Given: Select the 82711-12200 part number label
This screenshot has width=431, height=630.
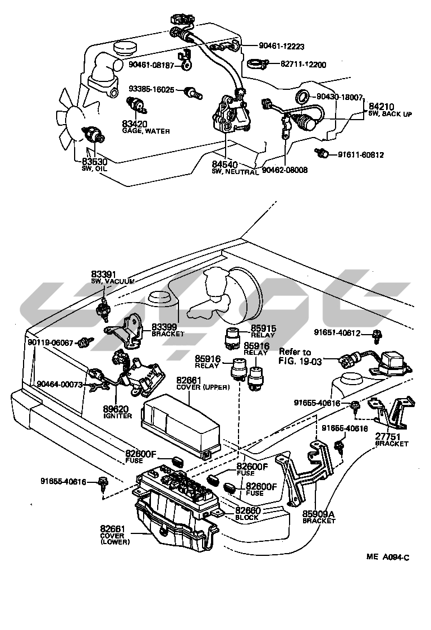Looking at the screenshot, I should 303,65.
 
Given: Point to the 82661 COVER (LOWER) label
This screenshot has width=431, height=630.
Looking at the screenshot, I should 115,535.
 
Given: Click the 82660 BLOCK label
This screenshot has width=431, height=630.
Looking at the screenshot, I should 247,513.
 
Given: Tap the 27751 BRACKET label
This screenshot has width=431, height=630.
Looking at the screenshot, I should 391,440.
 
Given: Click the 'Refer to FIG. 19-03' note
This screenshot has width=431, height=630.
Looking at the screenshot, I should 300,357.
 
